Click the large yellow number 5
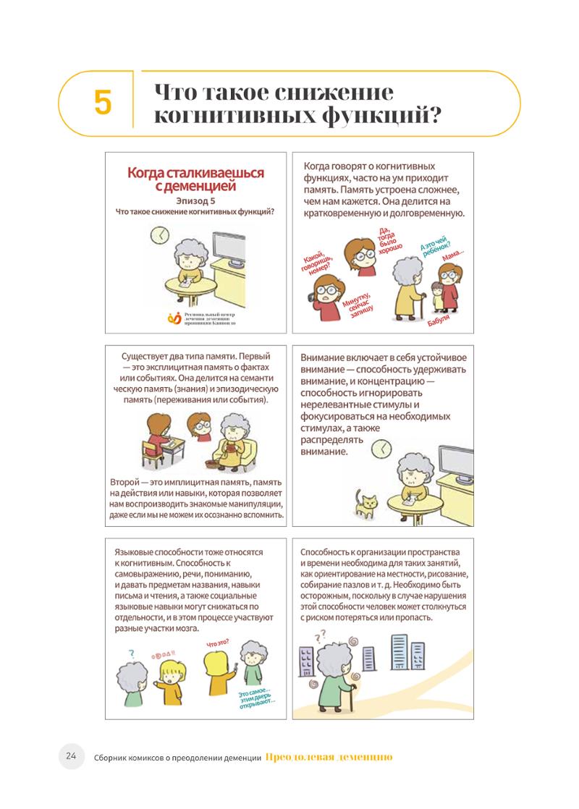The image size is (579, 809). (103, 102)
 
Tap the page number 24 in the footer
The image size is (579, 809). (71, 756)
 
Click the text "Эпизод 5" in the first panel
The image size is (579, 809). (195, 200)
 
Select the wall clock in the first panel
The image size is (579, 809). (160, 234)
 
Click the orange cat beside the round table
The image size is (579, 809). (365, 504)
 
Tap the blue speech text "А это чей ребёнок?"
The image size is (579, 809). (434, 247)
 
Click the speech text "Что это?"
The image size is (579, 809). (218, 643)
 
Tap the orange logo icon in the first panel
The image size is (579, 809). (174, 318)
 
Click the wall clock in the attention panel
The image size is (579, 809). (381, 449)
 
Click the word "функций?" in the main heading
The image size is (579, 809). (382, 115)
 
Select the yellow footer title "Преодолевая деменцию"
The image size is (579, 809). (329, 757)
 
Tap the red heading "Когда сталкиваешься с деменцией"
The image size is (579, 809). (195, 179)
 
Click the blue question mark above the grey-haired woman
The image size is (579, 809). (132, 654)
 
